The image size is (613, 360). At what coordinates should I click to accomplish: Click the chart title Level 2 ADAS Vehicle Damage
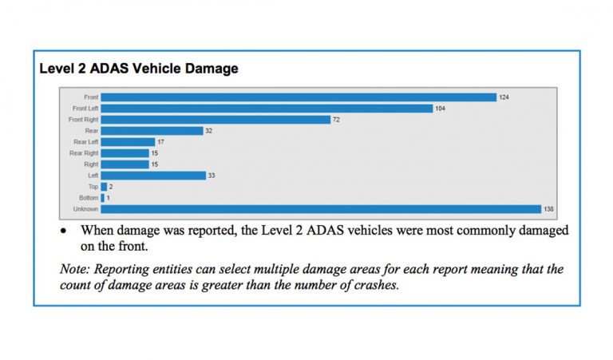pos(139,69)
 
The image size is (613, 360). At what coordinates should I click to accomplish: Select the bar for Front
pos(299,97)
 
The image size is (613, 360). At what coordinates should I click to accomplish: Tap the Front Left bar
pos(267,109)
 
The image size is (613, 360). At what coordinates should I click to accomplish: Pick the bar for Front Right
pos(216,120)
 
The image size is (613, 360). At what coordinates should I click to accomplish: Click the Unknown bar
pos(321,209)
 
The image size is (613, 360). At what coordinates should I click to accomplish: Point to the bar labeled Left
pos(152,176)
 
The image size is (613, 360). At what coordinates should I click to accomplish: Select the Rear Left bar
pos(128,142)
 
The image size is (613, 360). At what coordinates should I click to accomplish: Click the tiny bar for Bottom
pos(103,198)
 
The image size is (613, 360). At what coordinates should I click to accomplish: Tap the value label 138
pos(549,209)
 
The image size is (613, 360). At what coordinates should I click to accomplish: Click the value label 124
pos(504,97)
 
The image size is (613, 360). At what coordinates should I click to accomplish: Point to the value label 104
pos(441,109)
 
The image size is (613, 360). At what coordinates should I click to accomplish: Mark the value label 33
pos(212,176)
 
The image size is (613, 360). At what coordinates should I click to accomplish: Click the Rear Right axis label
pos(84,153)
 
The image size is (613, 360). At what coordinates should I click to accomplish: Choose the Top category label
pos(93,187)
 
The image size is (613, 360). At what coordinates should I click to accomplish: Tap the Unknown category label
pos(86,209)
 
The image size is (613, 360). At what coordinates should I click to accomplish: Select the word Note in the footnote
pos(73,268)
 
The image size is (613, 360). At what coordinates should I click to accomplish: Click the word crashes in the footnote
pos(375,284)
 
